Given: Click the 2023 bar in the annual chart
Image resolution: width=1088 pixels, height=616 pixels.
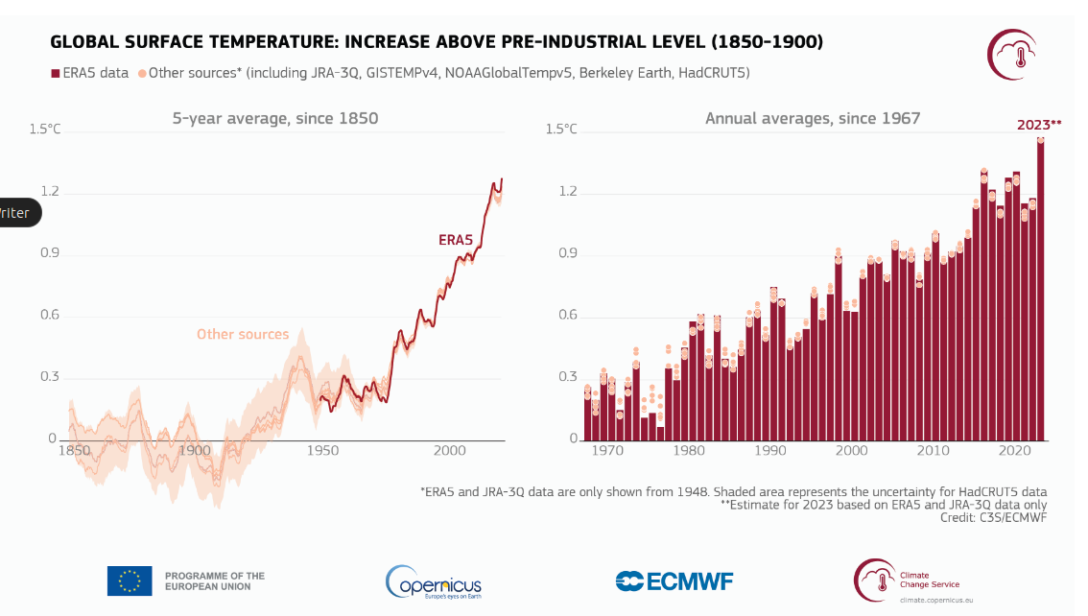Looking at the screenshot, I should pos(1040,288).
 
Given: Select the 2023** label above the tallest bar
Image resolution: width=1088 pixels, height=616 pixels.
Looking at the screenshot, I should pos(1039,124).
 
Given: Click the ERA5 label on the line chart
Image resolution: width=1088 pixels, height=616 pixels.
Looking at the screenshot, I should pos(456,240).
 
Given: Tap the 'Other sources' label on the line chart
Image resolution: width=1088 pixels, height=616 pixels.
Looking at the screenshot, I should pos(243,334).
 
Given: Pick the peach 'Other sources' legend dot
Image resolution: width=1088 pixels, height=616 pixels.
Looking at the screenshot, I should pos(142,73).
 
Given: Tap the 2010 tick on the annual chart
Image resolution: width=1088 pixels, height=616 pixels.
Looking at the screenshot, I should pos(927,449).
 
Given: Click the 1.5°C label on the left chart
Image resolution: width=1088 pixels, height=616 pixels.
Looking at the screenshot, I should pos(44,129).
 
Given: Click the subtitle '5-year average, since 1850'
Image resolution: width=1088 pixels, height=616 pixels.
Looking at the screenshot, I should pos(275,119).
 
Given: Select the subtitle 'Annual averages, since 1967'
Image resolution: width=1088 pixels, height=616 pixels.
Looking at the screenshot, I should pos(813,119).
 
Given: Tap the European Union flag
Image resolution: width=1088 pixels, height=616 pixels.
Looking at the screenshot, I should pos(130,581).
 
